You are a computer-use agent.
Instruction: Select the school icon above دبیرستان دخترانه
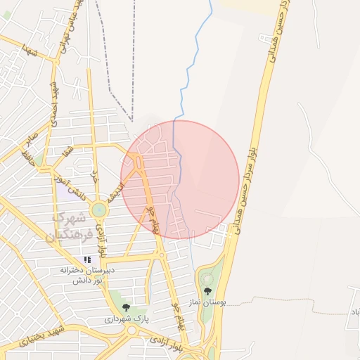88,260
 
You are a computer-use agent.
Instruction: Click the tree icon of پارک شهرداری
126,307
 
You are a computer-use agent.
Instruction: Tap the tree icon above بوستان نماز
207,291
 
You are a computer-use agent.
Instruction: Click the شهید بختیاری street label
42,335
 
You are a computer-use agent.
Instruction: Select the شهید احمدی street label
53,104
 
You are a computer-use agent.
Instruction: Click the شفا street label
67,153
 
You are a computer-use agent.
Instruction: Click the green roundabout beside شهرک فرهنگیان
99,209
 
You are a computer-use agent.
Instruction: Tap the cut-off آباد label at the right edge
354,311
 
